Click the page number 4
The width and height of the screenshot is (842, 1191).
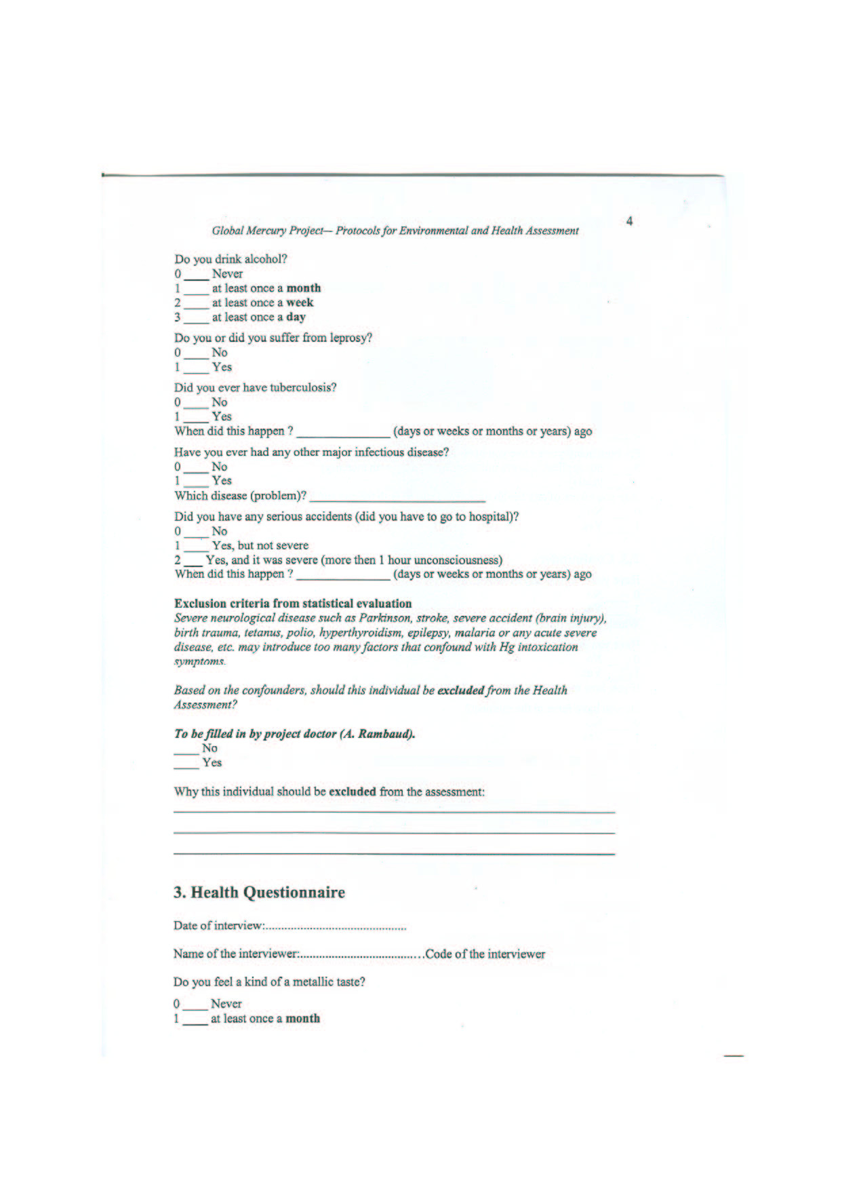pos(630,221)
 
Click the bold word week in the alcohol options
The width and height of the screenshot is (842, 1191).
pos(300,302)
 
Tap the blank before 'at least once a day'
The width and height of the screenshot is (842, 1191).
pos(196,318)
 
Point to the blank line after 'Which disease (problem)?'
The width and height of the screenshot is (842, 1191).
pos(397,498)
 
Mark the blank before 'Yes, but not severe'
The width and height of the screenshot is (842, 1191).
pos(196,547)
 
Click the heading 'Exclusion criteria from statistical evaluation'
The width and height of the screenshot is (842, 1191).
pos(293,604)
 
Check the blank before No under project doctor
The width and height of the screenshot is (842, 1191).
pos(186,750)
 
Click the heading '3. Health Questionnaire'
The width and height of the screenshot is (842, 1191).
pos(259,893)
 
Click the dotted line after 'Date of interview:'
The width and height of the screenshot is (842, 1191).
pos(336,926)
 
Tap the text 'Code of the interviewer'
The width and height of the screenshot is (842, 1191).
pos(485,954)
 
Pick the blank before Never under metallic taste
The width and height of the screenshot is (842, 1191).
pos(195,1005)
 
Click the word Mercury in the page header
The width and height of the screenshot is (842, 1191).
pos(266,231)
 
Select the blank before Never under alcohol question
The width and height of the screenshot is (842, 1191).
pos(196,275)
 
